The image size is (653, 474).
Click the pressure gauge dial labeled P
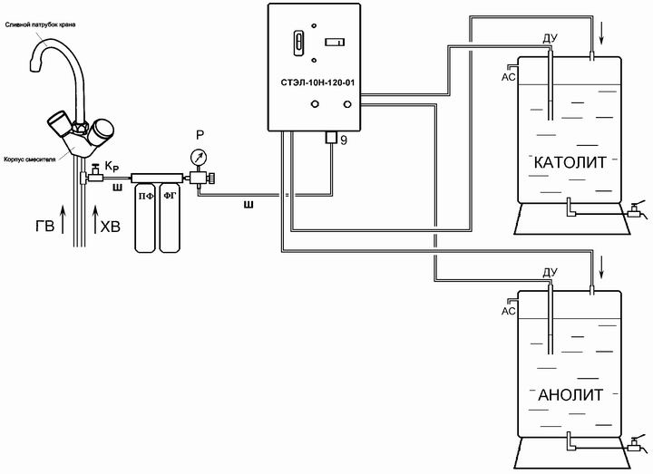199,158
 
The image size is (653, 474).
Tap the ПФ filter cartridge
145,218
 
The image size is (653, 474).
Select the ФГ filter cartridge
170,218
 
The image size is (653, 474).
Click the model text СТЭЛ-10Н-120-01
317,82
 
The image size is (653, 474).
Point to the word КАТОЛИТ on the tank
570,162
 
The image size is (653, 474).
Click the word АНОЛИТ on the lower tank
570,394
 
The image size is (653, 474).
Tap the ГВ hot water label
45,227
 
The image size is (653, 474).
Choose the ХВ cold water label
111,227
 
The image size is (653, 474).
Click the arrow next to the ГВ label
63,219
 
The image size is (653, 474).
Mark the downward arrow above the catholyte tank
601,35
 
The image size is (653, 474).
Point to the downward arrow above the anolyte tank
601,269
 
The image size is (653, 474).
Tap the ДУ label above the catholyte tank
550,39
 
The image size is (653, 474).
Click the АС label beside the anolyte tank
508,311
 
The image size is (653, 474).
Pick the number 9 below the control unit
344,140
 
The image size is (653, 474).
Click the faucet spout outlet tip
34,66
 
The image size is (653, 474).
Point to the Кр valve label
112,167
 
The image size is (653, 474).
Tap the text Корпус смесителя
30,160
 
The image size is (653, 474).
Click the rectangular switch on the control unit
335,42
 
